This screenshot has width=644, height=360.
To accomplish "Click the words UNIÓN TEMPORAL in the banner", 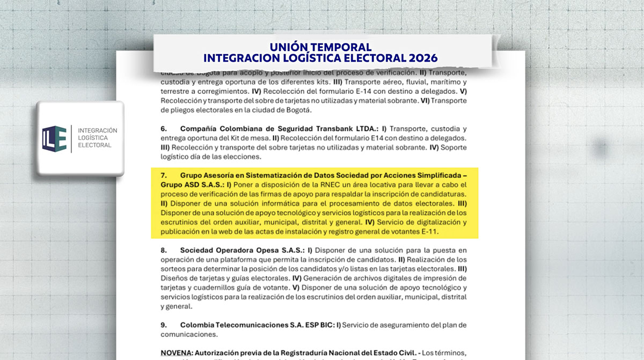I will (321, 47).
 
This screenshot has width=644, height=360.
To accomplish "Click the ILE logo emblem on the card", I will (54, 138).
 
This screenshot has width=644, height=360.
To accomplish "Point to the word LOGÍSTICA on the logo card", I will (94, 138).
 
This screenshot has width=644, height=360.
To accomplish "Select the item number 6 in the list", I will (164, 129).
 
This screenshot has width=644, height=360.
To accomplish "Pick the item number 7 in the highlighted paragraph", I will (164, 175).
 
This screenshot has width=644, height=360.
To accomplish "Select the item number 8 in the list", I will (164, 250).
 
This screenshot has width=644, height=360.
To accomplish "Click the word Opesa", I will (262, 250).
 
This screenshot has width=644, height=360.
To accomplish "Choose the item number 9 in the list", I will (164, 325).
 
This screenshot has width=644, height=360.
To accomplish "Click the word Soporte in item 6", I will (452, 148).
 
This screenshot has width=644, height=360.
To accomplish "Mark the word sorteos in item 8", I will (172, 269).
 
